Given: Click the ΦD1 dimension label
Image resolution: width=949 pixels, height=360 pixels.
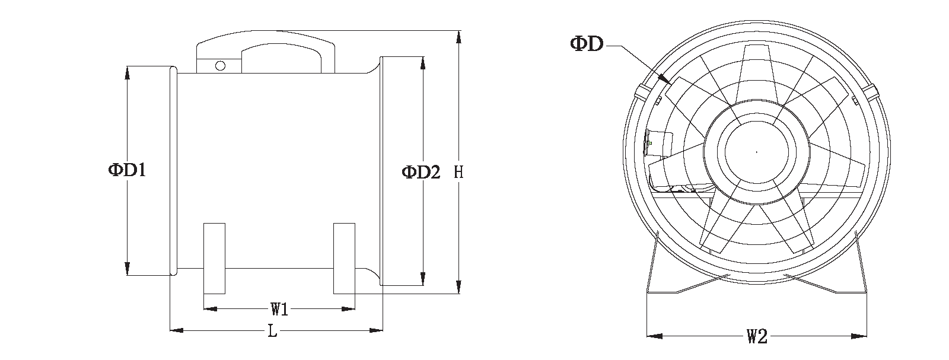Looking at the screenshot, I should click(127, 171).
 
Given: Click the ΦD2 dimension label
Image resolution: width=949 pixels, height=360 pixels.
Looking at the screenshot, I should click(421, 172).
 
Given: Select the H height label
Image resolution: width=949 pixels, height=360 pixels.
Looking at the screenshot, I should click(458, 173).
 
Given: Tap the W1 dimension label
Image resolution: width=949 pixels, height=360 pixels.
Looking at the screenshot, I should click(279, 309).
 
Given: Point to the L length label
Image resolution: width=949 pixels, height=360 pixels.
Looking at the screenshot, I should click(272, 332).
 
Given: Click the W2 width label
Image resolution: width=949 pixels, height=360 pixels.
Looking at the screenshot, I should click(756, 337).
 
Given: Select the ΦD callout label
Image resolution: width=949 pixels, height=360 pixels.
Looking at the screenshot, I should click(587, 43).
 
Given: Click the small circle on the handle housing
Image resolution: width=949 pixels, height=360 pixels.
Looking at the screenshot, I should click(220, 66).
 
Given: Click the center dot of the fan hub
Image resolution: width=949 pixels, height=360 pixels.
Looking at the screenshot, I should click(756, 152).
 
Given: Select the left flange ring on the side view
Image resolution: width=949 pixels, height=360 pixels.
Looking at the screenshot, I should click(173, 171).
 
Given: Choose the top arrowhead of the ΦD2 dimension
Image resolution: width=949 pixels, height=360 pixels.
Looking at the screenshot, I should click(422, 62).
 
